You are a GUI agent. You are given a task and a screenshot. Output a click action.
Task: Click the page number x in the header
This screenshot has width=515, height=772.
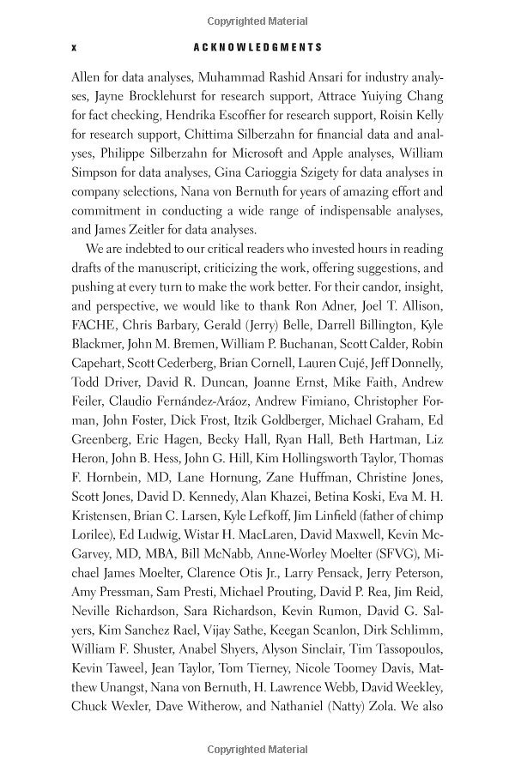(x=75, y=48)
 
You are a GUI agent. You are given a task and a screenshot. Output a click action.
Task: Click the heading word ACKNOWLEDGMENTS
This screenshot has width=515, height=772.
(x=257, y=48)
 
